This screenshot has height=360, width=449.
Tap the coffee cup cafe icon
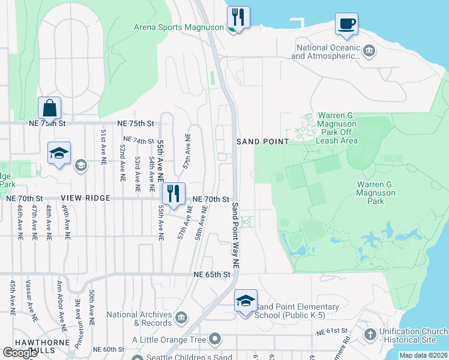346,24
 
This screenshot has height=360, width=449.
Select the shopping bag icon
50,109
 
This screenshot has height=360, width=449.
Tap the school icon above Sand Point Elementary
245,300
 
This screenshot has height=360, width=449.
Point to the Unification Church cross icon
370,334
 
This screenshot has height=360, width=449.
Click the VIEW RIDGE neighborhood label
85,198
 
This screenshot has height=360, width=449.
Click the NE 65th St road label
212,274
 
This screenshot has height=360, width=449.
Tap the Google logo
20,353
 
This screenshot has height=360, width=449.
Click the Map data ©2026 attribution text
423,355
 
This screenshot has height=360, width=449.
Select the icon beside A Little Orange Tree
214,340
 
